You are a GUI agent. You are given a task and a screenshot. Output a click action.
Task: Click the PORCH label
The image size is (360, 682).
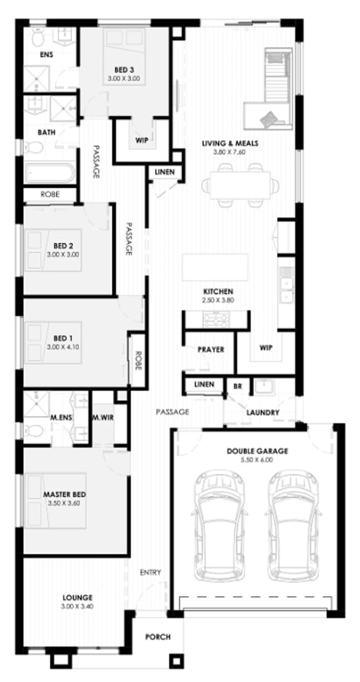[158, 637]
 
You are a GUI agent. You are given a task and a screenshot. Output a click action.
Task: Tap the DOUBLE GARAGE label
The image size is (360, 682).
[257, 452]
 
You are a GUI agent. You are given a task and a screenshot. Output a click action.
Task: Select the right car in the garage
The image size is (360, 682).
[293, 526]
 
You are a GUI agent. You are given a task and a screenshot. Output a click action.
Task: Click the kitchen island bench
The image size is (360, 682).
[215, 267]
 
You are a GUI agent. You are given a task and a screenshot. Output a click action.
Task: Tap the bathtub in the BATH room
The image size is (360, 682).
[49, 173]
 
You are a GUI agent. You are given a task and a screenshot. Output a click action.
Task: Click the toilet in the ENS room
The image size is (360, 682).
[38, 37]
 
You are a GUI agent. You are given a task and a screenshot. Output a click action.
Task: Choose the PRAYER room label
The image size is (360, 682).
[211, 349]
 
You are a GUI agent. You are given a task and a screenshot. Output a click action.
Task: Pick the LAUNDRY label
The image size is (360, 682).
[262, 413]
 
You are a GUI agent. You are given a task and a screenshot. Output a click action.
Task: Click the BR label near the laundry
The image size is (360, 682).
[238, 386]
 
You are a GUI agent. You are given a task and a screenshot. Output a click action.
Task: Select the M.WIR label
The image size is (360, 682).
[102, 417]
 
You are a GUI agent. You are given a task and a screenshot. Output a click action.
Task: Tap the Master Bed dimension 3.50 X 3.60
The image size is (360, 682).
[64, 503]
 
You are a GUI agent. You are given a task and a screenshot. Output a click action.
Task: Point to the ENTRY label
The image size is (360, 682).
[150, 572]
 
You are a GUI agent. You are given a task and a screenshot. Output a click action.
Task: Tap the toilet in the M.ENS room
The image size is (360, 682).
[33, 430]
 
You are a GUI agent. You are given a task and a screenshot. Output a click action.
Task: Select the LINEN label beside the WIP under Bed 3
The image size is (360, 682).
[164, 172]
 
